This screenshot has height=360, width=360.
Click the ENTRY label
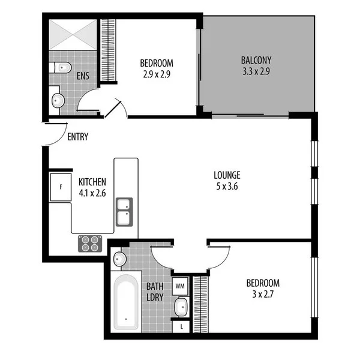(x=77, y=137)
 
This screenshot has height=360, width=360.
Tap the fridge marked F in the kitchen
(x=61, y=187)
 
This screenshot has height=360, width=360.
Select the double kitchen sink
(x=124, y=211)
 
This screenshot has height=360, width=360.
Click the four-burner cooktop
(x=90, y=242)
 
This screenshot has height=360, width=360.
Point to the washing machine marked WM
(x=180, y=286)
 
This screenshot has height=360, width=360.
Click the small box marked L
(x=181, y=326)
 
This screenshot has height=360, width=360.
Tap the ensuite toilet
(x=61, y=67)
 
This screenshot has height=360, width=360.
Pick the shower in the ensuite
(x=72, y=35)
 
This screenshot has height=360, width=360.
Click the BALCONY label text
(x=256, y=60)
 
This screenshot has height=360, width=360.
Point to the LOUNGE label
(x=227, y=175)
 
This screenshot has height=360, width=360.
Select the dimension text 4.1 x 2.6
(x=92, y=193)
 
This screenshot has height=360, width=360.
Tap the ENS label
(x=83, y=76)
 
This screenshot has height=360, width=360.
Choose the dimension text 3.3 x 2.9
(x=256, y=71)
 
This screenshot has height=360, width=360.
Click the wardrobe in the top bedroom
(x=108, y=50)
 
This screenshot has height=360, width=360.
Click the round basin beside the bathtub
(x=119, y=259)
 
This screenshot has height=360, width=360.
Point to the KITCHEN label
(x=92, y=182)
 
